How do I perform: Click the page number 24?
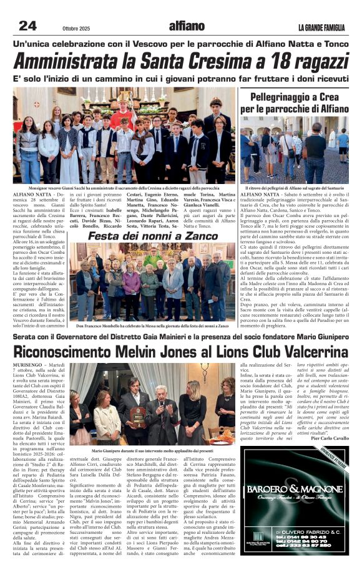[27, 26]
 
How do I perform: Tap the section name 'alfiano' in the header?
[187, 26]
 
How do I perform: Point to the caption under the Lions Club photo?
[152, 450]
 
